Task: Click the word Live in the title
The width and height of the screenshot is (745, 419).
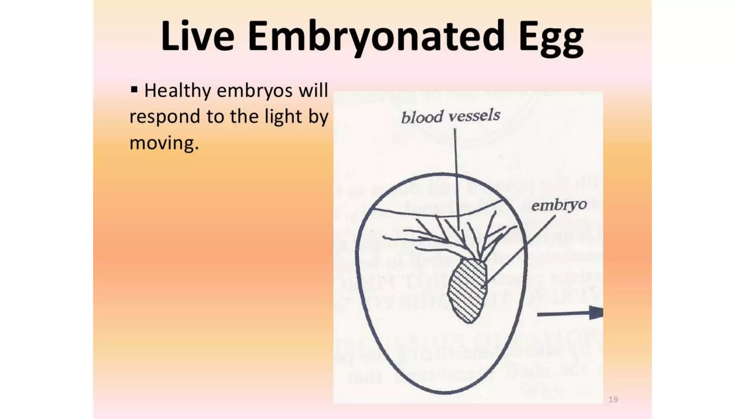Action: click(x=197, y=36)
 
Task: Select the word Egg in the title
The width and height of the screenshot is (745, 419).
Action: click(x=551, y=38)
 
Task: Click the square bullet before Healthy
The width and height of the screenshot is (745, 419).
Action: click(x=134, y=89)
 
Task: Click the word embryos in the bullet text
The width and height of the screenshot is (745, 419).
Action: click(x=254, y=91)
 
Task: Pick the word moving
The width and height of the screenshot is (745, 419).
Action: click(x=164, y=143)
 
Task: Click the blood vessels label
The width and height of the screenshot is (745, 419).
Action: click(x=450, y=116)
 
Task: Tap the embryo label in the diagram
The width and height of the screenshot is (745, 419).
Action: click(x=559, y=205)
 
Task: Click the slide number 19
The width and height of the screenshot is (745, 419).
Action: click(x=613, y=399)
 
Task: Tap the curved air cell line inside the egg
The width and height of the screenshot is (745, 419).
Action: click(x=437, y=215)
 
